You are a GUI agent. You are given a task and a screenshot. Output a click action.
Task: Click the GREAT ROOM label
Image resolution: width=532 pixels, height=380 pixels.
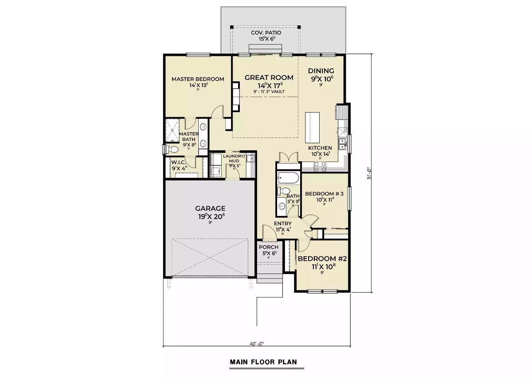pos(269,78)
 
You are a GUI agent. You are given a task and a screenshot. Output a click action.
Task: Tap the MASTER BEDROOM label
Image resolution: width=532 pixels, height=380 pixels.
pos(197,79)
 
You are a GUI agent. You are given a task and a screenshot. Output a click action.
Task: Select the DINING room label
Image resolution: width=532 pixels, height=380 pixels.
pos(321,71)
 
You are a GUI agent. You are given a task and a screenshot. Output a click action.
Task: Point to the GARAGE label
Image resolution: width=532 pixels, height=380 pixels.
pos(211,208)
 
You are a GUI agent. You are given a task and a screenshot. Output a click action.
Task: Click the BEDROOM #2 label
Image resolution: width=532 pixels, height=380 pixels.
pos(322,259)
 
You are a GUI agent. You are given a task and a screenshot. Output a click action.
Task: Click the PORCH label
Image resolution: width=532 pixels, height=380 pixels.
pos(268,247)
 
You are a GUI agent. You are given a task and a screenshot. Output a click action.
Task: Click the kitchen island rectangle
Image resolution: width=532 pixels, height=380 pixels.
pos(312,126)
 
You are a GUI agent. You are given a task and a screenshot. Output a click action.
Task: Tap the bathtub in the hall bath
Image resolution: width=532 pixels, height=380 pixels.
pos(288,180)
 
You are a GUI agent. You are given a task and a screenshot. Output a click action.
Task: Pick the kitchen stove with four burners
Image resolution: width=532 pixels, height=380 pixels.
pos(320,166)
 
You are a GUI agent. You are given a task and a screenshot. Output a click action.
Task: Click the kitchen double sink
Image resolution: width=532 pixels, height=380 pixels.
pos(343,144)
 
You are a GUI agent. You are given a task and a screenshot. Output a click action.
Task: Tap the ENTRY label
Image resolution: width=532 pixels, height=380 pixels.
pos(282,223)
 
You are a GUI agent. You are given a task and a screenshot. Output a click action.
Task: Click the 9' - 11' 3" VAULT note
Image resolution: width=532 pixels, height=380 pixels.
pos(269,92)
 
